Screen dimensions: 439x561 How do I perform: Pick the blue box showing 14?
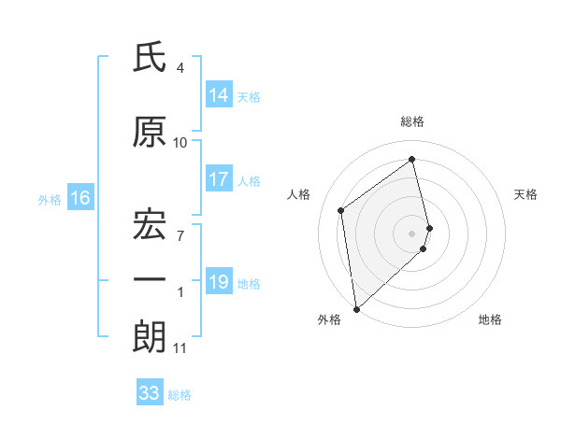pos(219,95)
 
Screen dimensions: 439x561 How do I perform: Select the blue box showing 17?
pos(219,180)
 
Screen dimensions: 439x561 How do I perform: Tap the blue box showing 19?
pos(219,282)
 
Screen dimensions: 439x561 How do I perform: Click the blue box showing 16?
pos(79,198)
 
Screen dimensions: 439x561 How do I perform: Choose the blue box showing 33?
pos(150,393)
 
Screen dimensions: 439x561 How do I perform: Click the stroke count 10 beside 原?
pos(180,143)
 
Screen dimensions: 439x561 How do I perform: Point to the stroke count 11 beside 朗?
pos(180,348)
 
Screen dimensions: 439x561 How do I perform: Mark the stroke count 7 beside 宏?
pos(180,235)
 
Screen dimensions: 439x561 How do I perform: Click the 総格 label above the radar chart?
pos(412,121)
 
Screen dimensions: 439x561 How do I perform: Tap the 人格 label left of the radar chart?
pos(299,194)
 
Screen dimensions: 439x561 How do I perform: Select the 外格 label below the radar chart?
pos(329,319)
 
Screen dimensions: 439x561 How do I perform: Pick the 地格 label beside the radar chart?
pos(490,319)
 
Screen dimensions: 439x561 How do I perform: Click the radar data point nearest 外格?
pos(356,308)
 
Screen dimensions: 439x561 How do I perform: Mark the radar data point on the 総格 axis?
pos(412,159)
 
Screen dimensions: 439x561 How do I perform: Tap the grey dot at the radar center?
pos(412,233)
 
